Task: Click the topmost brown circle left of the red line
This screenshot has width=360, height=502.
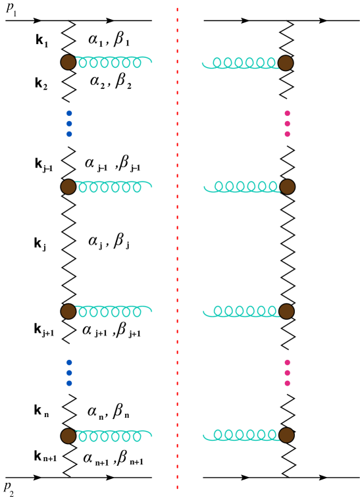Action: [x=68, y=63]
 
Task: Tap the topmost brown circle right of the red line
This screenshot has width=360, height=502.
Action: [x=286, y=63]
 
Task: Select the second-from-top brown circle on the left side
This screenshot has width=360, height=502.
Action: [x=68, y=187]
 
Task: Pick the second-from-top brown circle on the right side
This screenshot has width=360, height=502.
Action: [x=288, y=187]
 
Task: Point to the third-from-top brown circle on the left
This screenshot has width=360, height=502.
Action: [x=68, y=311]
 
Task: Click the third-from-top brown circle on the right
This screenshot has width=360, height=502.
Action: [x=286, y=311]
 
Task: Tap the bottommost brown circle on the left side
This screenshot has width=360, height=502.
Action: [x=68, y=436]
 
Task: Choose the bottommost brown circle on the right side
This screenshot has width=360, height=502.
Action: [x=286, y=436]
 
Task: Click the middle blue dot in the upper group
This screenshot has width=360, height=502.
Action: [x=69, y=124]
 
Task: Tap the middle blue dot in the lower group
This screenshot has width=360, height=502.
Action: [x=69, y=372]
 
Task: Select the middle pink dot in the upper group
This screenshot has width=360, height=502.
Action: [x=287, y=124]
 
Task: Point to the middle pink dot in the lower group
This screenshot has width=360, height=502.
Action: [x=287, y=372]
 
